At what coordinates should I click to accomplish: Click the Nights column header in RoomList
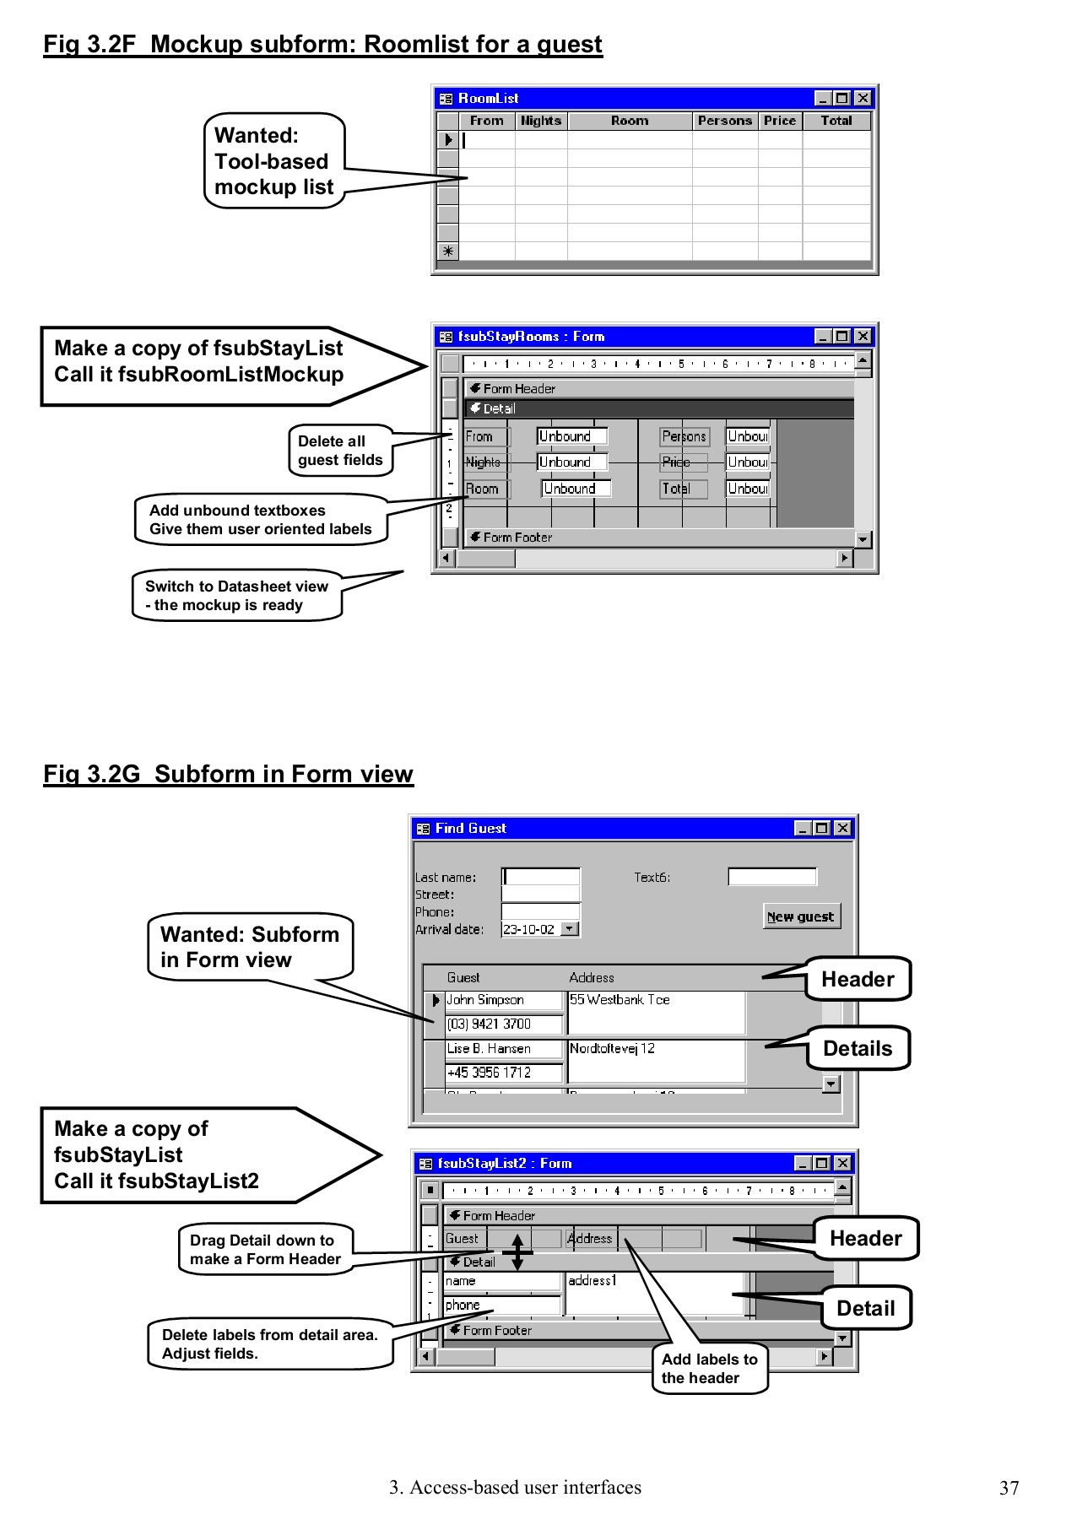point(541,121)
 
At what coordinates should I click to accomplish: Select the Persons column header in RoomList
point(724,121)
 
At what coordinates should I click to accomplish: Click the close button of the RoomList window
point(863,99)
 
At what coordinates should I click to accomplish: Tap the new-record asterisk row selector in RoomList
point(448,251)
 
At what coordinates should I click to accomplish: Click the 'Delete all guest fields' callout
point(340,451)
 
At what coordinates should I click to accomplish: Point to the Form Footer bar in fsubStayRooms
point(658,538)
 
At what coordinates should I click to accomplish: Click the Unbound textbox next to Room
point(576,489)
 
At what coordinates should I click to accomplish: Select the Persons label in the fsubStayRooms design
point(684,436)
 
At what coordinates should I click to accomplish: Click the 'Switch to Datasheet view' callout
point(236,596)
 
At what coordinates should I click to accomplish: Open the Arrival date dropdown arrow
point(571,929)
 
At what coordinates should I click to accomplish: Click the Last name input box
point(541,877)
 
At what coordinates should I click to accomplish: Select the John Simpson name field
point(503,1000)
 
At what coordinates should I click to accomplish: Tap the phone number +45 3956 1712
point(503,1073)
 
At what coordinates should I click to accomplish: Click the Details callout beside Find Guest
point(857,1049)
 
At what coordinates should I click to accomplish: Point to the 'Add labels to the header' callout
point(709,1368)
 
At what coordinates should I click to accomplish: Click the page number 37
point(1009,1488)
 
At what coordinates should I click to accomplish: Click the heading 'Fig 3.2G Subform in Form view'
point(229,774)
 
